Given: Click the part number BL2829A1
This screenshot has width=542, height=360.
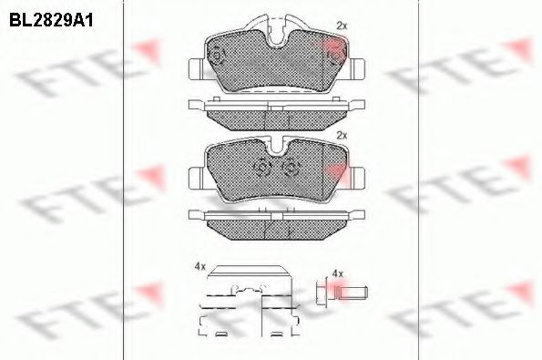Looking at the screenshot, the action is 51,20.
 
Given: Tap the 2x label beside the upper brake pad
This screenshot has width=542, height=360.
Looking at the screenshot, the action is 342,26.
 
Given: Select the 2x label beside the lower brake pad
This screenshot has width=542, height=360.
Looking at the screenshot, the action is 342,135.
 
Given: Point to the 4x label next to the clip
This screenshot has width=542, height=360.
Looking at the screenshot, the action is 199,266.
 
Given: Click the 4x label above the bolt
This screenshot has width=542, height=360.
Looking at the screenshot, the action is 337,274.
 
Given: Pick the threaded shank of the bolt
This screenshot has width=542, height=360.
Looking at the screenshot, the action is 354,293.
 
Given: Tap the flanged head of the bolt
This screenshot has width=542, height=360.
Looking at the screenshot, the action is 322,291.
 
